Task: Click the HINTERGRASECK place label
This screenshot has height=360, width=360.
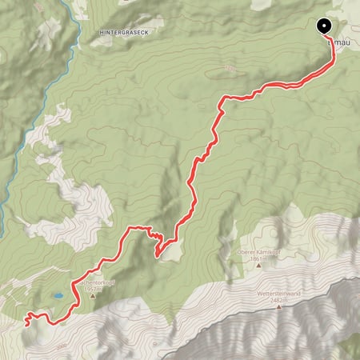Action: (x=126, y=33)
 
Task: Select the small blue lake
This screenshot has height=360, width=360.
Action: (x=59, y=296)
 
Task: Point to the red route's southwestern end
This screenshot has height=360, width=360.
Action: (x=27, y=320)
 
